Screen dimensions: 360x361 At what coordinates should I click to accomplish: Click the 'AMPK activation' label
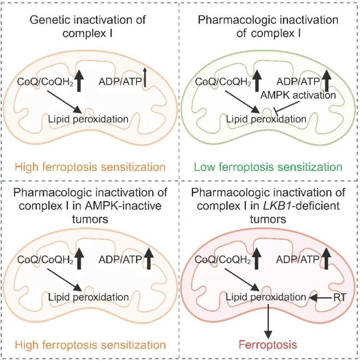tap(298, 95)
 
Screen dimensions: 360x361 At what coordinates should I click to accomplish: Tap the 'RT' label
tap(340, 297)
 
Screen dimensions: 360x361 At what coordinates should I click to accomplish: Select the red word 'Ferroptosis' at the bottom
tap(267, 345)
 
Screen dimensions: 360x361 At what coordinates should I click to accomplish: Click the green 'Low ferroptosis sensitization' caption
tap(268, 167)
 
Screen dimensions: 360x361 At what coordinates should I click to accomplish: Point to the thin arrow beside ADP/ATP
tap(145, 78)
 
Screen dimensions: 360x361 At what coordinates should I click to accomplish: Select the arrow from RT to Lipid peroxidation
tap(321, 298)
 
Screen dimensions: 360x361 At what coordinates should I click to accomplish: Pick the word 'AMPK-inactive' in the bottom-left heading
tap(123, 205)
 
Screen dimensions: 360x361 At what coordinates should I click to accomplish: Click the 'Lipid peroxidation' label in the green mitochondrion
tap(266, 119)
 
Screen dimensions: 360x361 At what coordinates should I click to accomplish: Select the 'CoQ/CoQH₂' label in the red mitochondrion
tap(222, 259)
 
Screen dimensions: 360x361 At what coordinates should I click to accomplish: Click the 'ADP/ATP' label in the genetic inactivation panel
tap(120, 82)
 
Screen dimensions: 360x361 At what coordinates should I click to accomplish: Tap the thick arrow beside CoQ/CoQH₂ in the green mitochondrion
tap(257, 79)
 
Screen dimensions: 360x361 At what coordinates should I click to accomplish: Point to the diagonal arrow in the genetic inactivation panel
tap(65, 102)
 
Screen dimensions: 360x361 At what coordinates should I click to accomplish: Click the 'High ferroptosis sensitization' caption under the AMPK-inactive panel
tap(90, 345)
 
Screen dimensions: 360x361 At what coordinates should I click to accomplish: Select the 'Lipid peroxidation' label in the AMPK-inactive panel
tap(88, 297)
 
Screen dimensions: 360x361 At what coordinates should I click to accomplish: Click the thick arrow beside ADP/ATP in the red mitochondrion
tap(326, 258)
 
